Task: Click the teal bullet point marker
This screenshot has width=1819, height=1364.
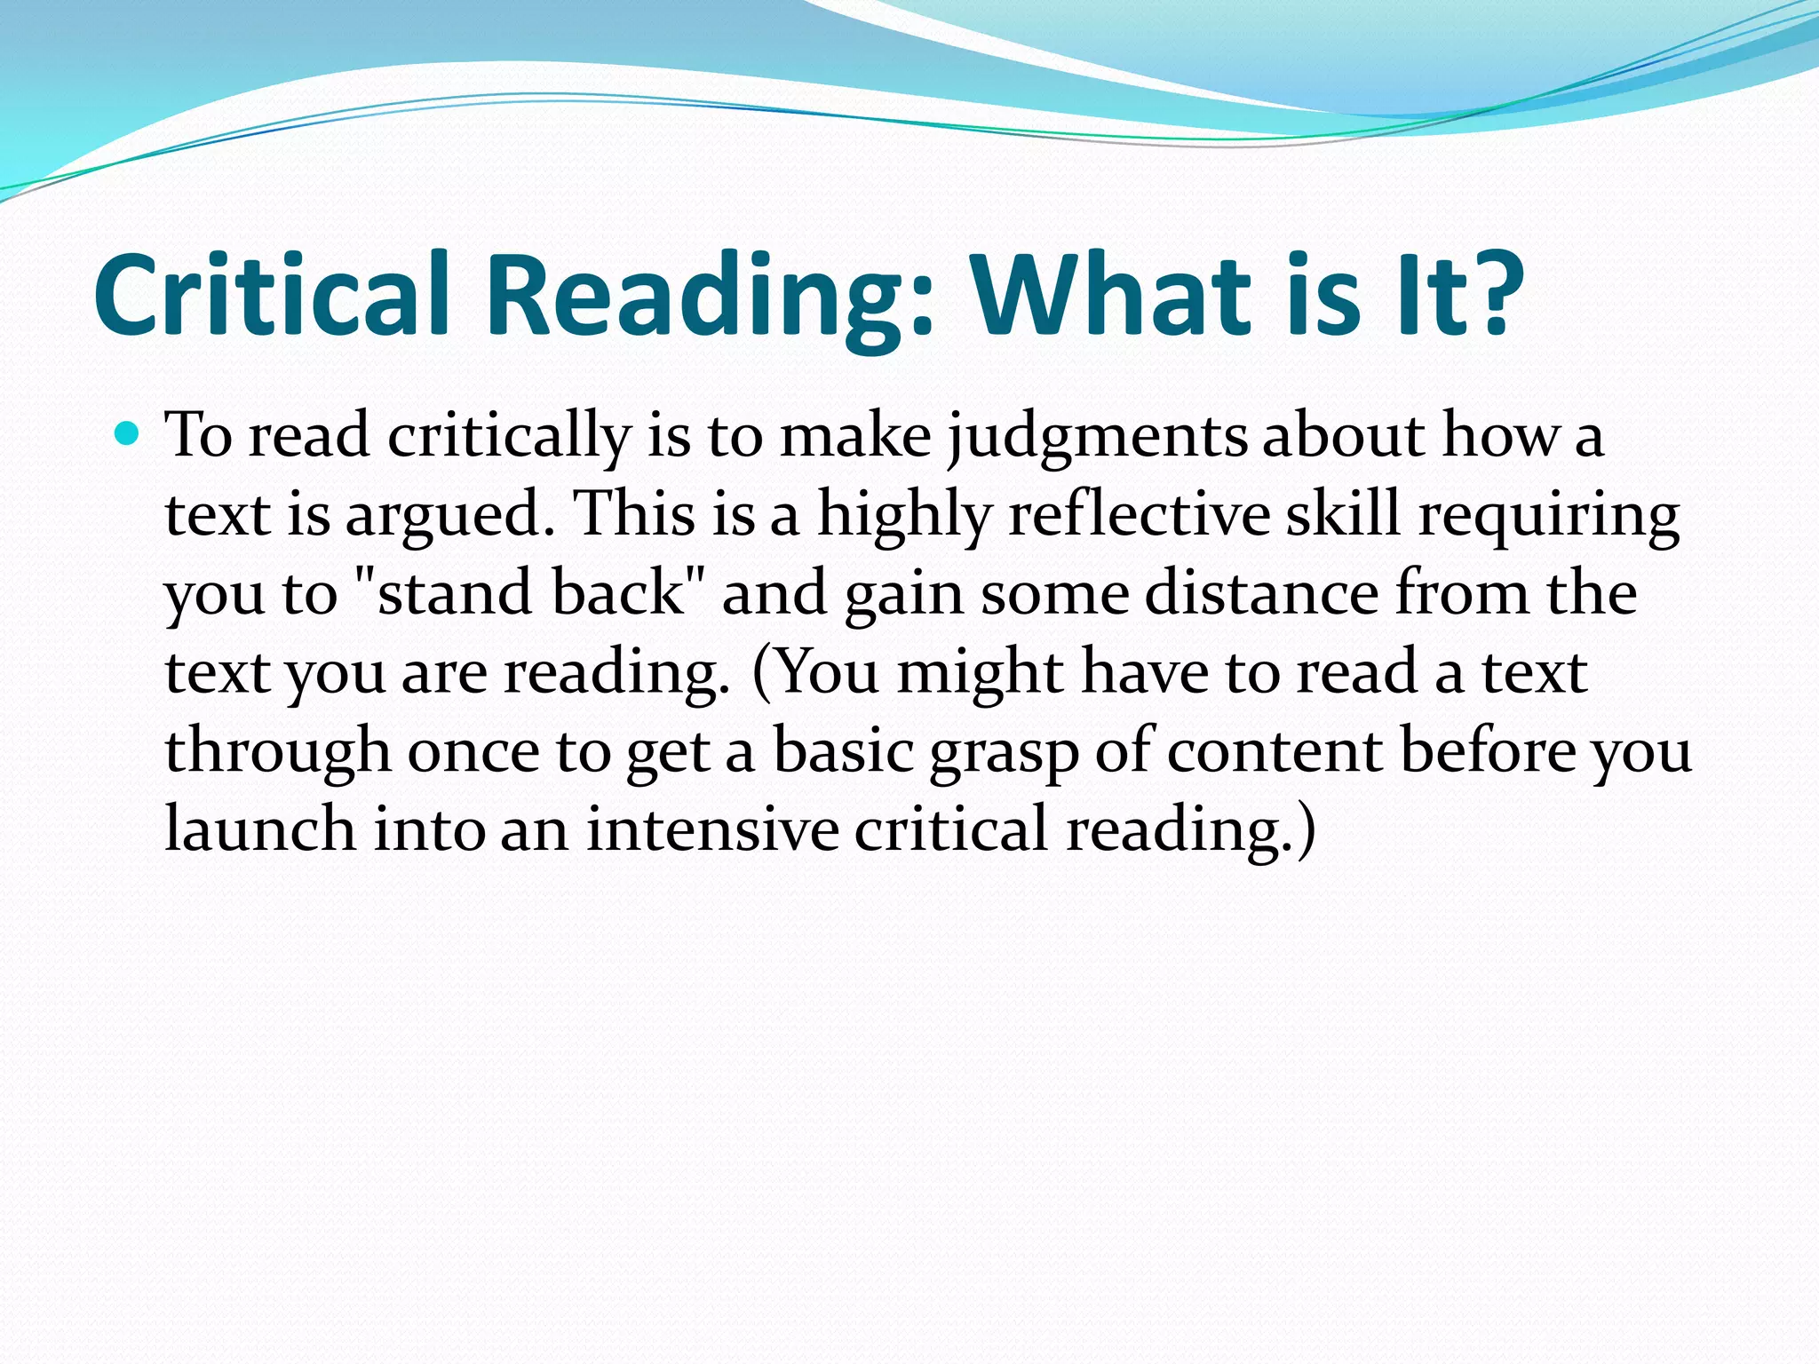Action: (128, 433)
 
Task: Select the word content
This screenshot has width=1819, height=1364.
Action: (1274, 751)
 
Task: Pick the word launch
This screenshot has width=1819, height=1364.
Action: (260, 829)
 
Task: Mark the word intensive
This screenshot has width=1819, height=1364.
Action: (712, 829)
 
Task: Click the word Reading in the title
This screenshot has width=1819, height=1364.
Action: (711, 297)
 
